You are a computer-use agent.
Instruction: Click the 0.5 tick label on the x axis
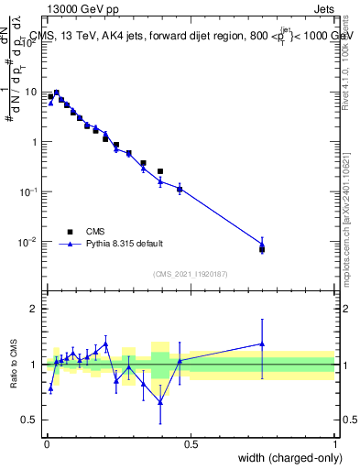191,443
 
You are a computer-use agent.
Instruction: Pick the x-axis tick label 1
335,443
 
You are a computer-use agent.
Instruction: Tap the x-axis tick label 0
46,443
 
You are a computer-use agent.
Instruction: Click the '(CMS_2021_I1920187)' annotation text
191,274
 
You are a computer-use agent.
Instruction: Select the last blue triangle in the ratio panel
263,344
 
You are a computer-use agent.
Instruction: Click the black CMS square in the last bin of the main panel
263,249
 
